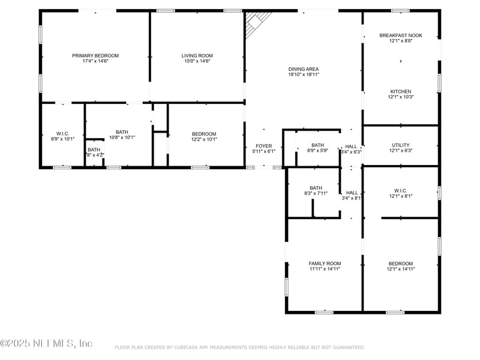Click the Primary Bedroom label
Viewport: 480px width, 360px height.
tap(95, 56)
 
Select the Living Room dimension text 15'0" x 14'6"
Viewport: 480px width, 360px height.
tap(197, 61)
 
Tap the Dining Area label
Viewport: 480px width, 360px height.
tap(303, 69)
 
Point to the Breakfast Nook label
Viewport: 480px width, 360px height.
tap(401, 35)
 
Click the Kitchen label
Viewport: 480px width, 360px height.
tap(401, 91)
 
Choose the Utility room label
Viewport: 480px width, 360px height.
tap(401, 145)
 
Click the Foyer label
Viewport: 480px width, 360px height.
tap(264, 146)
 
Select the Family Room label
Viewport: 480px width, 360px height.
tap(325, 263)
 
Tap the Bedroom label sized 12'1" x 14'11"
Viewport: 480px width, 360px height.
tap(401, 263)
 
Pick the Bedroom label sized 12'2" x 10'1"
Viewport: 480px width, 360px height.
tap(204, 134)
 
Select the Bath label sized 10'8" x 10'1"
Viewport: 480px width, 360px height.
tap(122, 132)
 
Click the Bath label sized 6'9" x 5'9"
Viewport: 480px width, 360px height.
tap(317, 145)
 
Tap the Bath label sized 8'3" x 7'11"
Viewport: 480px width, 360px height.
tap(316, 188)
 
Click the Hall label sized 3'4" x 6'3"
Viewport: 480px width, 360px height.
tap(351, 146)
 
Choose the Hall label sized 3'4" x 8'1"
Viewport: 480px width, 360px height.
tap(352, 193)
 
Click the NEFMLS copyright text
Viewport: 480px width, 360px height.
tap(46, 343)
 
